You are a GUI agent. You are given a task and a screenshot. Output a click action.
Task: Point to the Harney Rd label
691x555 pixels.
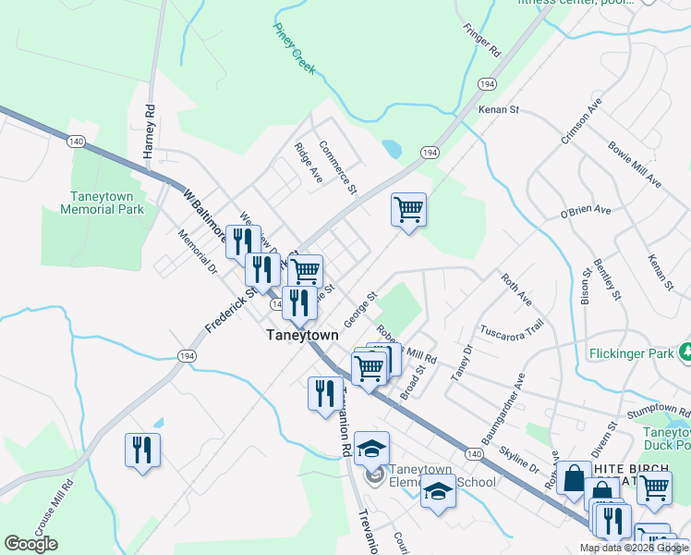click(x=150, y=131)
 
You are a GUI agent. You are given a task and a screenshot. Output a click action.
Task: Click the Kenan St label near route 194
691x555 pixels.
click(x=499, y=109)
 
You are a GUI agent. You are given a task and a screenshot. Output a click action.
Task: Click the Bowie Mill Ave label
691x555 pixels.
click(x=635, y=164)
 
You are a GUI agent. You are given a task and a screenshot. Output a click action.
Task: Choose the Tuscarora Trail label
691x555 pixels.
click(x=511, y=328)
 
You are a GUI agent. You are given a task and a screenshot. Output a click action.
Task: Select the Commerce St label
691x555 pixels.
click(x=338, y=168)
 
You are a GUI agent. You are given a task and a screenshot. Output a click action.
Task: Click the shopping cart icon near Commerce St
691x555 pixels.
click(x=408, y=209)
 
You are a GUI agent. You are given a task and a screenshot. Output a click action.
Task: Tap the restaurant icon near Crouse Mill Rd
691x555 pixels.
click(x=142, y=450)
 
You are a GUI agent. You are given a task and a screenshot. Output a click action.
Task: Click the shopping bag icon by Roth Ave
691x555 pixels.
click(x=574, y=478)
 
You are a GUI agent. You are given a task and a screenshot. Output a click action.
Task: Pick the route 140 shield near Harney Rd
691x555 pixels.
click(x=76, y=142)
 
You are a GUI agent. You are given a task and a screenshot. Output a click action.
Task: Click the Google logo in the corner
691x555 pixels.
click(x=30, y=544)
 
